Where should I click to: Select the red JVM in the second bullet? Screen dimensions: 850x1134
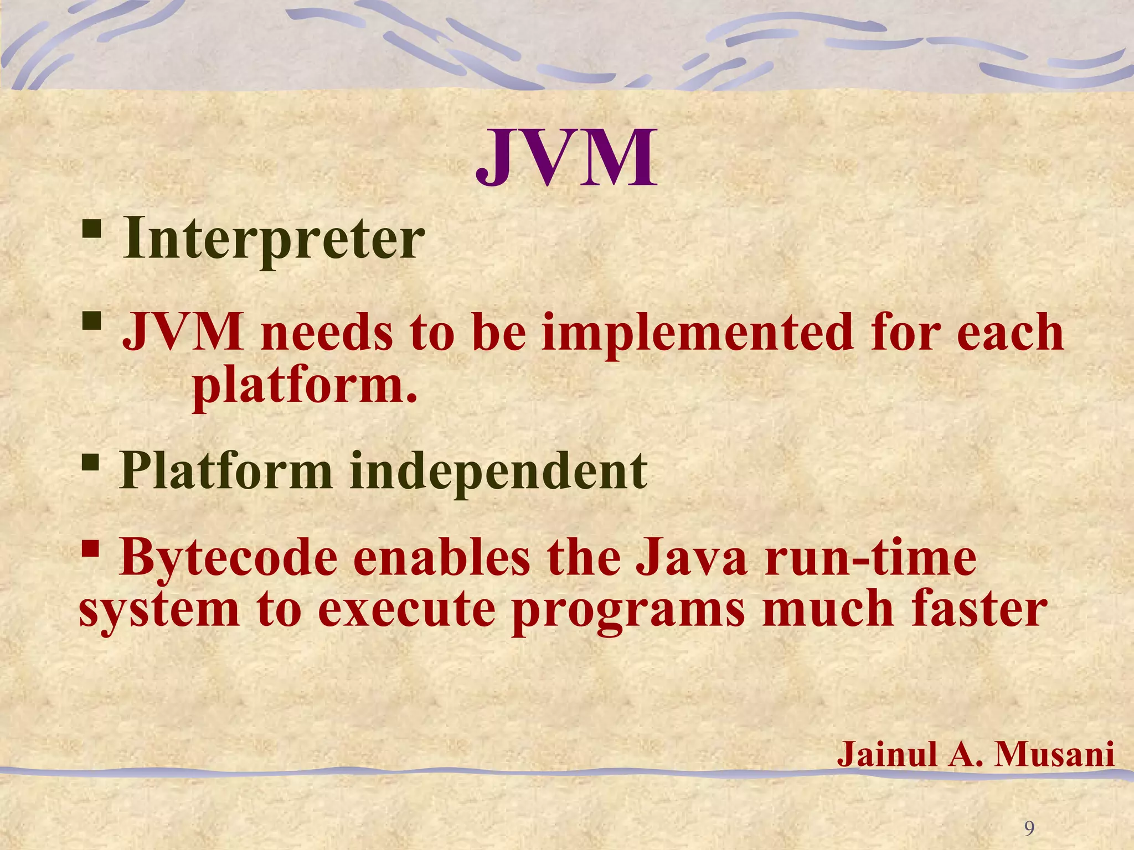[x=183, y=333]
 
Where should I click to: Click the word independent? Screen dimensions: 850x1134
[x=498, y=472]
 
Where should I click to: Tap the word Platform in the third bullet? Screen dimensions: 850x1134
[x=226, y=471]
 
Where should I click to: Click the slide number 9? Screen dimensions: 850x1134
[x=1029, y=813]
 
